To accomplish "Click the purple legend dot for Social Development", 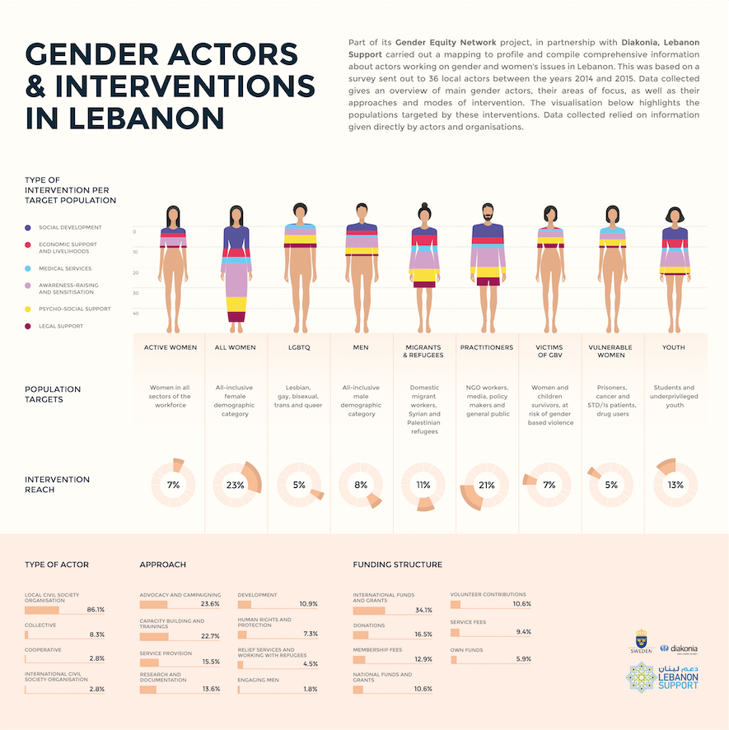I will (x=29, y=228).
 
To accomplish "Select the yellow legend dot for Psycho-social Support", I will (x=29, y=309).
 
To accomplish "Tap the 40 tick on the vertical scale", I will (x=135, y=313).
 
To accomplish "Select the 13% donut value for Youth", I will (x=675, y=486).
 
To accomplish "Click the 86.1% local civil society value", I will (x=96, y=610).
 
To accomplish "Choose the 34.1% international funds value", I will (x=423, y=610).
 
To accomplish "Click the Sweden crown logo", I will (x=641, y=639).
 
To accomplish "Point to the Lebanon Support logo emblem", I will (x=642, y=677).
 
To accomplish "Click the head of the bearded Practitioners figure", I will (x=487, y=213).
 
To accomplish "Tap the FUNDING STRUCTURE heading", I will (x=397, y=565).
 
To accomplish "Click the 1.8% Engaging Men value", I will (x=310, y=689).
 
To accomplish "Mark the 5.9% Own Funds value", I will (x=523, y=659).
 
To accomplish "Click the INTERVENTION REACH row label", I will (x=57, y=485).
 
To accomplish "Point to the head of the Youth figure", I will (x=675, y=216).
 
